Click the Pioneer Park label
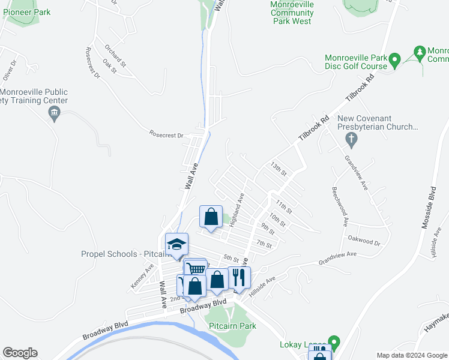click(x=26, y=12)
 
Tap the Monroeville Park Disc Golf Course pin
click(x=394, y=60)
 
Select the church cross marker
click(x=352, y=140)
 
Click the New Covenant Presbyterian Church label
click(x=377, y=122)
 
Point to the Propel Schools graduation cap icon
click(x=176, y=244)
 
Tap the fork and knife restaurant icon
click(x=240, y=278)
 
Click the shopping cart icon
click(x=195, y=269)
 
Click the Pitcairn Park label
click(x=232, y=326)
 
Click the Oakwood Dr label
click(x=364, y=238)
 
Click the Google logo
click(x=20, y=353)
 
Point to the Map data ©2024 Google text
click(x=411, y=355)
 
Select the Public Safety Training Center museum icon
click(x=55, y=112)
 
